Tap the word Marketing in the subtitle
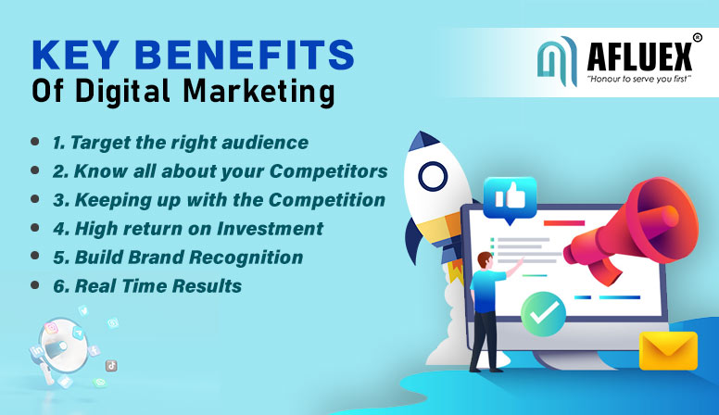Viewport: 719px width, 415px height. coord(259,92)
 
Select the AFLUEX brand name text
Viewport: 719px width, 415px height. coord(639,57)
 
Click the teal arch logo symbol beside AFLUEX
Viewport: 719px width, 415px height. coord(557,61)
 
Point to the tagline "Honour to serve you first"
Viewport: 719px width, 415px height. coord(639,79)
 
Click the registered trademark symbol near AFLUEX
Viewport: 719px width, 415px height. coord(697,38)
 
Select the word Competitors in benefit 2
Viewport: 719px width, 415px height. coord(328,171)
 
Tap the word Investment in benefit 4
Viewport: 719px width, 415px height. coord(270,229)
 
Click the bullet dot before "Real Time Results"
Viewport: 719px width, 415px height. coord(35,285)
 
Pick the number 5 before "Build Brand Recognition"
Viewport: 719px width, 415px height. coord(60,258)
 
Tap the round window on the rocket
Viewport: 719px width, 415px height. coord(433,177)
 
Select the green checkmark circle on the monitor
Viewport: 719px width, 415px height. coord(543,314)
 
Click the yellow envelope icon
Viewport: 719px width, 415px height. coord(668,351)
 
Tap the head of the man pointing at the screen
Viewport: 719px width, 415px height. coord(485,260)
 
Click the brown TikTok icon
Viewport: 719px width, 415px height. coord(111,366)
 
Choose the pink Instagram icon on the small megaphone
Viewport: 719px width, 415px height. coord(51,328)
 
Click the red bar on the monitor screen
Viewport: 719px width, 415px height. coord(564,223)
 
